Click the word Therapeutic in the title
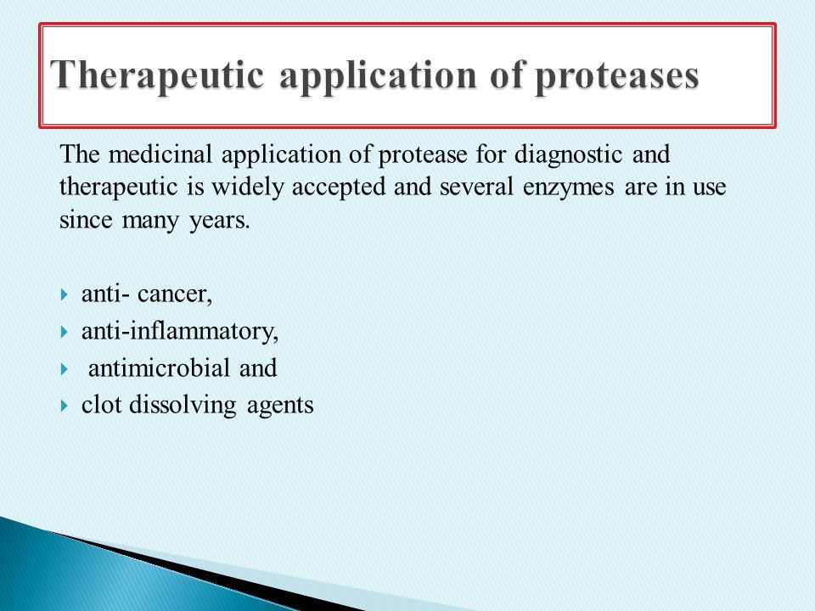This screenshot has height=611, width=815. tap(158, 75)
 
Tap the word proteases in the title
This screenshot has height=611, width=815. tap(617, 76)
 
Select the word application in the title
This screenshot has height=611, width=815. tap(378, 76)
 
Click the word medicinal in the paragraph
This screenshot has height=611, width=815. tap(160, 154)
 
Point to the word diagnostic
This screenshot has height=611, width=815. tap(568, 155)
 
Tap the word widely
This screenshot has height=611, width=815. tap(247, 188)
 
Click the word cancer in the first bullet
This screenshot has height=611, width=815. tap(175, 294)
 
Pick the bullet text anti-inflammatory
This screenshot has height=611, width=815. tap(180, 332)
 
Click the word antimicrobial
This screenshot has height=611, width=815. tap(159, 367)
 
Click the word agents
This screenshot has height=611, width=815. tap(280, 406)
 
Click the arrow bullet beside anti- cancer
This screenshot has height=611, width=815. tap(64, 295)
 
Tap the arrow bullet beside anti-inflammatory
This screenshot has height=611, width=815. tap(64, 332)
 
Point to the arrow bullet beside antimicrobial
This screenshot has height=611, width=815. tap(64, 369)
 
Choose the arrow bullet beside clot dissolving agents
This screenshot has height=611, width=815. tap(64, 406)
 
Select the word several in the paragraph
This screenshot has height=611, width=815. tap(476, 187)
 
